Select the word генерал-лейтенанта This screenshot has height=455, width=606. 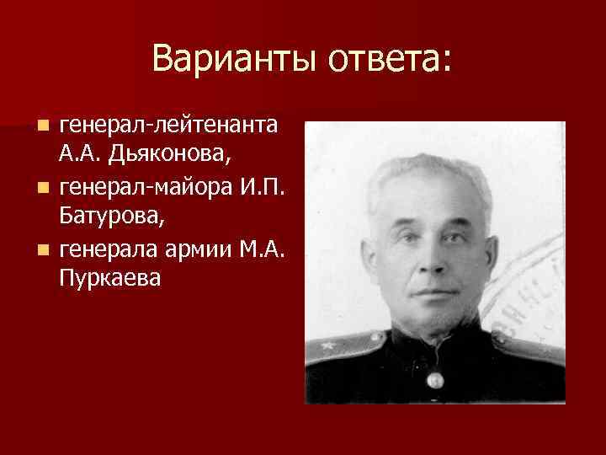click(x=168, y=126)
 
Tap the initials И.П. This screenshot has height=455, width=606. click(x=268, y=185)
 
